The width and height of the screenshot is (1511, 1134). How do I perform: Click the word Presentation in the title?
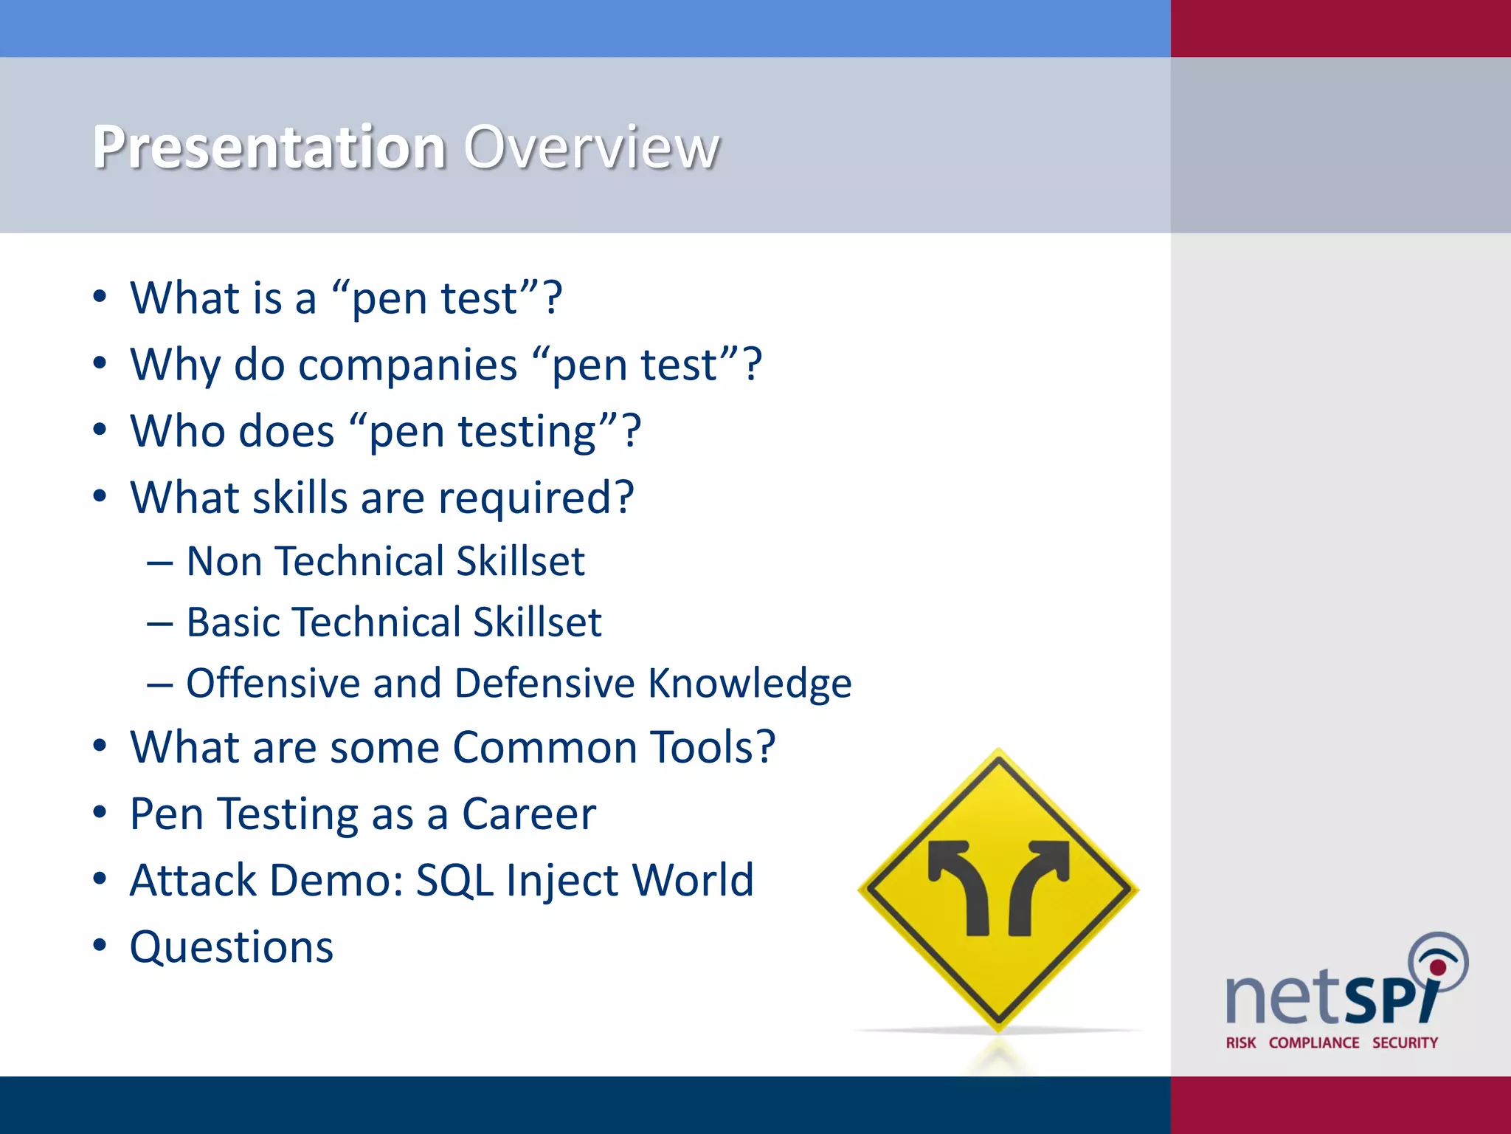point(269,148)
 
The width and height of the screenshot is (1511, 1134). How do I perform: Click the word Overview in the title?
point(591,148)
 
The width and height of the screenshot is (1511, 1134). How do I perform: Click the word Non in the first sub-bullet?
point(224,562)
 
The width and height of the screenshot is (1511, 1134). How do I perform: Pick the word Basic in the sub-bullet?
point(233,622)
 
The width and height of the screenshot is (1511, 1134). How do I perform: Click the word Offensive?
point(272,683)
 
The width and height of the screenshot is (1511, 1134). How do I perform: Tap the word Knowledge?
point(750,683)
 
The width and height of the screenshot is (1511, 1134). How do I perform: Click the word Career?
point(529,814)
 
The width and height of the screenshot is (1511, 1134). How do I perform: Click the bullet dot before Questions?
point(100,945)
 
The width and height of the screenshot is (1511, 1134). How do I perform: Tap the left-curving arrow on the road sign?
point(963,886)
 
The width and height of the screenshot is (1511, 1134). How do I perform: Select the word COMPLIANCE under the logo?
point(1314,1043)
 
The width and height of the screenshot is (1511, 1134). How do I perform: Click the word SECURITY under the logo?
point(1405,1043)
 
